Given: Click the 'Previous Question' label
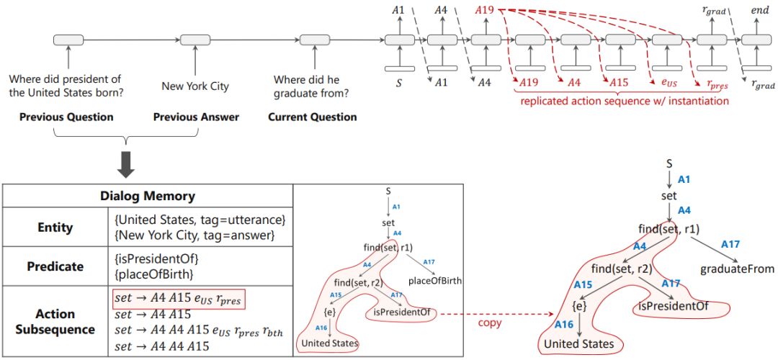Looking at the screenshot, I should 66,117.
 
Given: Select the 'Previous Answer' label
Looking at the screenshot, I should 196,117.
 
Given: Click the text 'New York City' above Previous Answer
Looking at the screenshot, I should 195,86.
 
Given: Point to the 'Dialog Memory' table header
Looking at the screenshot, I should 146,196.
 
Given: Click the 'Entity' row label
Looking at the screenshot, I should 55,228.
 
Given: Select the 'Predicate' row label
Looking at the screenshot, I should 55,266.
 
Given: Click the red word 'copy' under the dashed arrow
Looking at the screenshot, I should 489,324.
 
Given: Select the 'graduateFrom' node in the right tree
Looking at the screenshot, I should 736,269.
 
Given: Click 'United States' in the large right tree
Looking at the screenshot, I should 579,344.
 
